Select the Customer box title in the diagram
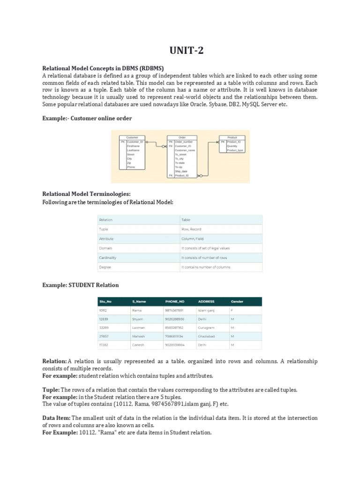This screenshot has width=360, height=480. [x=132, y=137]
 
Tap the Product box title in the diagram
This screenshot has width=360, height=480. [x=232, y=137]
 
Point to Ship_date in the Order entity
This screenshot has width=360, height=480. [x=181, y=171]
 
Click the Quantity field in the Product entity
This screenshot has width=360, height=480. [x=232, y=146]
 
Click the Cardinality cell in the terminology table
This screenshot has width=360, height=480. [x=108, y=257]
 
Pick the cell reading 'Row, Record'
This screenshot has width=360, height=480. [x=192, y=229]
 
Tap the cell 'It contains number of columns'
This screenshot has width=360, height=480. [x=206, y=267]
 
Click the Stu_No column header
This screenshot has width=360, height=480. [x=105, y=301]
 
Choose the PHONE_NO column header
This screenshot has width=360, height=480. [x=174, y=301]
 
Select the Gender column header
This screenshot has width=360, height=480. [x=237, y=301]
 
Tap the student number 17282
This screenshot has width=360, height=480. [x=104, y=345]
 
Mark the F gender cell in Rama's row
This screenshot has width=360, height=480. [x=232, y=310]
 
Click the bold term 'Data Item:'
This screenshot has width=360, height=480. [x=57, y=418]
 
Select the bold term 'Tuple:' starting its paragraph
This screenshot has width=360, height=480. [x=51, y=390]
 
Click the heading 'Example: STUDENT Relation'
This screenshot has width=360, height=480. [x=80, y=285]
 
